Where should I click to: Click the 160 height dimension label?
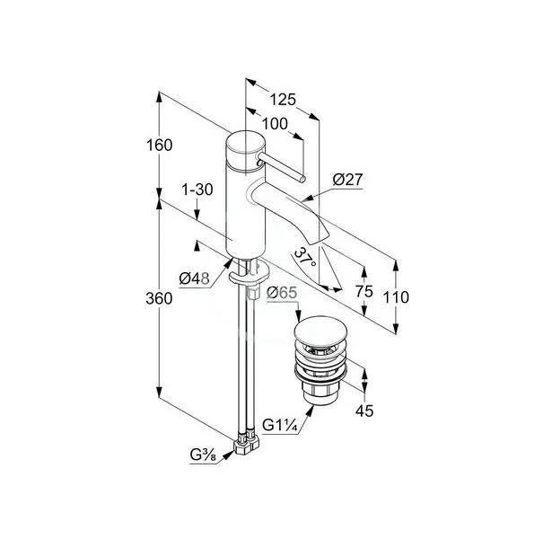click(159, 146)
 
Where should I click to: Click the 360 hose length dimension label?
click(159, 298)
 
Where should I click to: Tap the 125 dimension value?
click(283, 100)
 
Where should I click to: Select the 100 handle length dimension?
click(275, 124)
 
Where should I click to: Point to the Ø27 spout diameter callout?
click(347, 180)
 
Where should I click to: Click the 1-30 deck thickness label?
click(197, 190)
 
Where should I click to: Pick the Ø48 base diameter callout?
click(195, 278)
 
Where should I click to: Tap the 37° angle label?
click(305, 258)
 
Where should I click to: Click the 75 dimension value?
click(364, 291)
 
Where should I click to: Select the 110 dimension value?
click(396, 297)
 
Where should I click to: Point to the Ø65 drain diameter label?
click(282, 293)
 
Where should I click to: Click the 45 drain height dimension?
click(364, 411)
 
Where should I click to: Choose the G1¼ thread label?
click(281, 426)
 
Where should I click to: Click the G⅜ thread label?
click(203, 455)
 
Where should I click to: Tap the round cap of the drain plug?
click(320, 331)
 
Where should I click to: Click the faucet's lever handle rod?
click(281, 166)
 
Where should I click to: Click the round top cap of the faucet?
click(244, 144)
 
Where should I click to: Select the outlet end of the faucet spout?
click(319, 238)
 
